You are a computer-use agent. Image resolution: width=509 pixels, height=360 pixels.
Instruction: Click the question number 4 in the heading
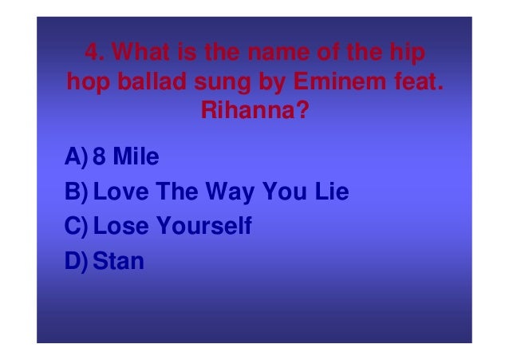[x=94, y=56]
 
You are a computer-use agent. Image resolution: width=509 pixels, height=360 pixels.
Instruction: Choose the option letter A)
[x=77, y=157]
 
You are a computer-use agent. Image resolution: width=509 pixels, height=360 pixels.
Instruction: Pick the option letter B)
[x=77, y=192]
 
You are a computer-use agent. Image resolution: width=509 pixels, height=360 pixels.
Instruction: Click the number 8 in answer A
[x=100, y=157]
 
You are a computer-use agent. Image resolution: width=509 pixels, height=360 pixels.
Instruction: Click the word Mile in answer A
[x=136, y=157]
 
